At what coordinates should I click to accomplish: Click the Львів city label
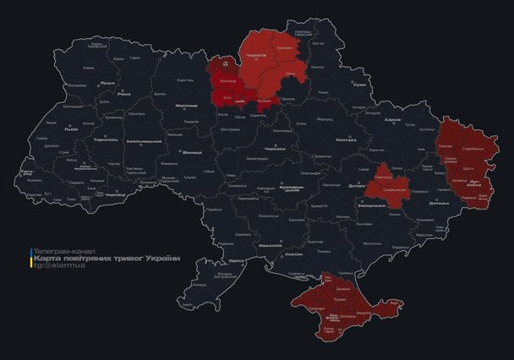(x=71, y=129)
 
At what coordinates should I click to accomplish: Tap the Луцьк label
(x=107, y=83)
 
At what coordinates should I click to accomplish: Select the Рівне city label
(x=124, y=95)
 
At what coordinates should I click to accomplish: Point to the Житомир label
(x=185, y=106)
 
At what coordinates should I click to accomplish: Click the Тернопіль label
(x=106, y=139)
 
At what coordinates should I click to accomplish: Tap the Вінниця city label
(x=192, y=153)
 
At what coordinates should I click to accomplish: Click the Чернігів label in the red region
(x=256, y=53)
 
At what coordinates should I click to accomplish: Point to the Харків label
(x=392, y=119)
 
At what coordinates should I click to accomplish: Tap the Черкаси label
(x=275, y=148)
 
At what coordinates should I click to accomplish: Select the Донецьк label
(x=439, y=204)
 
